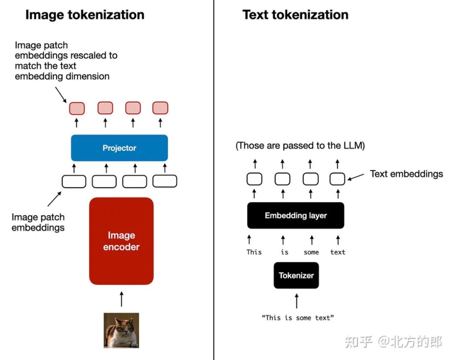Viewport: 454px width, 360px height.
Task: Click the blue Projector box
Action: tap(119, 148)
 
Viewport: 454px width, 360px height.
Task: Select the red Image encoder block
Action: tap(121, 241)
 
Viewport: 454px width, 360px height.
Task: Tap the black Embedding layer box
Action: tap(296, 215)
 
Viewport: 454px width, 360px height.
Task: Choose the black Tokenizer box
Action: tap(296, 275)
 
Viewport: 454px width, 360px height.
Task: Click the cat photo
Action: tap(121, 330)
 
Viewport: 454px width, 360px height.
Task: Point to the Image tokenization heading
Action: tap(84, 15)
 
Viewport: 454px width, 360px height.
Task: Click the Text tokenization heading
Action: tap(295, 15)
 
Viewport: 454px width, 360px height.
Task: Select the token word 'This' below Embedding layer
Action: tap(254, 252)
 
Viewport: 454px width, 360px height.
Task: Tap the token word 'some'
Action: tap(311, 252)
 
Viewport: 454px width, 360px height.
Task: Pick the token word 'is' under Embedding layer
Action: tap(285, 252)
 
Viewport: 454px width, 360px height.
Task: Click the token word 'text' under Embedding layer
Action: tap(338, 252)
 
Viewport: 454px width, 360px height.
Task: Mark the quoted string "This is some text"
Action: tap(298, 318)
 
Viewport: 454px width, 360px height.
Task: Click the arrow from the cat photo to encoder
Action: tap(121, 299)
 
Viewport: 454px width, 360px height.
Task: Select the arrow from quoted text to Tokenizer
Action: tap(296, 301)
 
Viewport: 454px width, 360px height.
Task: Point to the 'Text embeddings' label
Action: tap(406, 174)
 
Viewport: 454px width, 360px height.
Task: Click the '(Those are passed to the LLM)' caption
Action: tap(300, 146)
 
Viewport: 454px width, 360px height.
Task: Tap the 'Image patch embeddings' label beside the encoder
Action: tap(38, 222)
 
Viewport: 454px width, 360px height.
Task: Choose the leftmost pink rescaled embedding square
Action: tap(77, 108)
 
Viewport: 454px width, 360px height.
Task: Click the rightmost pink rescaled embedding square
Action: tap(160, 108)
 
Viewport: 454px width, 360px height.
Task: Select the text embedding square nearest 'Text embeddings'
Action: tap(337, 179)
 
